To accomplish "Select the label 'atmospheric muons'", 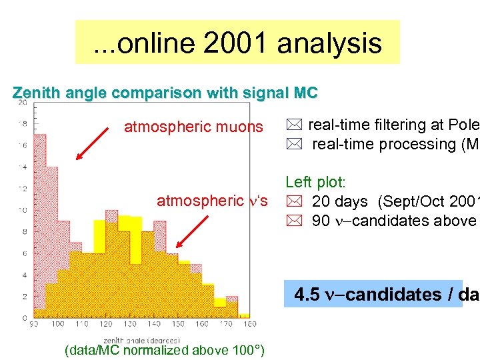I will click(x=193, y=127).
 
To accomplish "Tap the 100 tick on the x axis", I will click(x=58, y=324).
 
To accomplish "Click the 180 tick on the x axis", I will click(x=251, y=324).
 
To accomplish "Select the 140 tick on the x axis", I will click(x=154, y=324).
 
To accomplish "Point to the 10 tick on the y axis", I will click(x=22, y=210).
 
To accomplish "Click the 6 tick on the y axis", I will click(x=24, y=253).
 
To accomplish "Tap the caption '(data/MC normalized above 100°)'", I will click(x=164, y=350).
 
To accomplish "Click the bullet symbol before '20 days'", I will click(x=293, y=202).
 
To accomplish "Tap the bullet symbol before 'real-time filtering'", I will click(x=293, y=125).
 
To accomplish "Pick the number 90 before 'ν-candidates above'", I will click(x=321, y=221).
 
